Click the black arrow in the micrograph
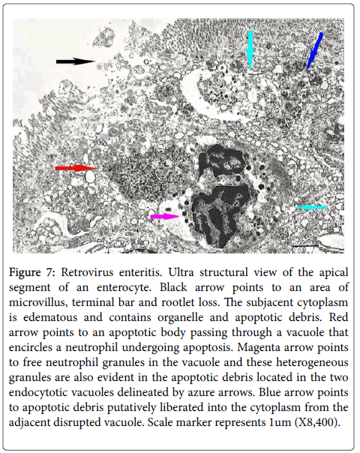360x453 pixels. pyautogui.click(x=75, y=61)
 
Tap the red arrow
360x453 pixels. pyautogui.click(x=76, y=168)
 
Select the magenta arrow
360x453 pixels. pyautogui.click(x=165, y=217)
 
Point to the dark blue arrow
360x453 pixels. pyautogui.click(x=314, y=50)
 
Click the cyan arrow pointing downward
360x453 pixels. pyautogui.click(x=250, y=49)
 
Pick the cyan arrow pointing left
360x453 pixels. pyautogui.click(x=310, y=207)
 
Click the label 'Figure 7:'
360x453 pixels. pyautogui.click(x=31, y=273)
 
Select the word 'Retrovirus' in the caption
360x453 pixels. pyautogui.click(x=86, y=272)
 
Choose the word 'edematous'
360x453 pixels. pyautogui.click(x=50, y=317)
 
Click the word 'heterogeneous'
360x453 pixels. pyautogui.click(x=312, y=362)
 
